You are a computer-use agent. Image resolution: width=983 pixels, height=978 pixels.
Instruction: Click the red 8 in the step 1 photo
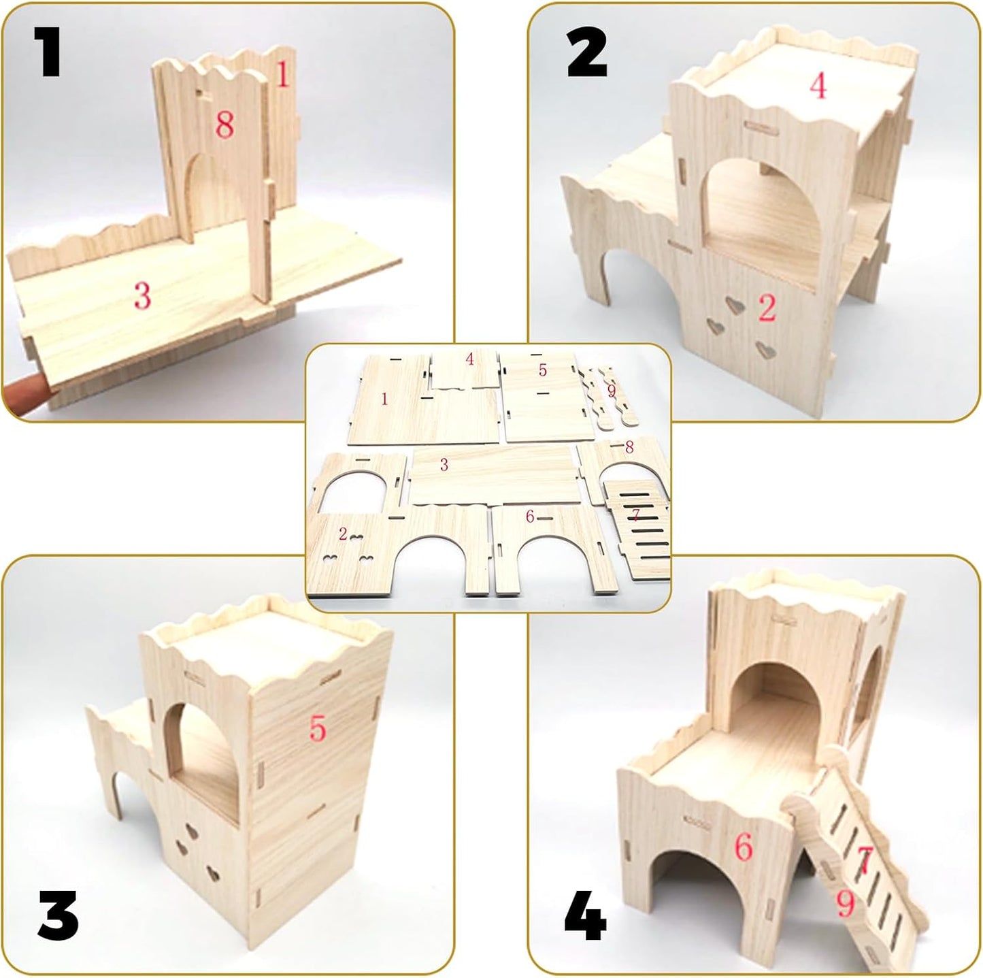tap(224, 125)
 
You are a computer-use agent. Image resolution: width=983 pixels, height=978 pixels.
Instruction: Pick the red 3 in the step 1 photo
tap(142, 295)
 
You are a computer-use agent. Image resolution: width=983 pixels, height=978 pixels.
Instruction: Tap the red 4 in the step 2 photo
tap(818, 86)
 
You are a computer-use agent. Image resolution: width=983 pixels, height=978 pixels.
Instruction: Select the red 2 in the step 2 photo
tap(767, 308)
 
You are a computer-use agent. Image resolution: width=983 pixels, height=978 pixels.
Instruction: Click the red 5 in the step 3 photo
tap(318, 728)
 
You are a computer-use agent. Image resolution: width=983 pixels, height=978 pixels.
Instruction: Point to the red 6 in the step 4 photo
tap(744, 847)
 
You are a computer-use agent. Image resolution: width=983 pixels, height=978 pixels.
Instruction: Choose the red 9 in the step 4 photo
tap(845, 904)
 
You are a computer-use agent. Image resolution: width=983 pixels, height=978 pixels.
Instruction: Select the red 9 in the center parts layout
tap(611, 391)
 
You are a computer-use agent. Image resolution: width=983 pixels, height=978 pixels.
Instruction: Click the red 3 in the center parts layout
tap(444, 465)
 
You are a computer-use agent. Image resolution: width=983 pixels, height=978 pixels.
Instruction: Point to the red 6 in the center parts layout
tap(529, 517)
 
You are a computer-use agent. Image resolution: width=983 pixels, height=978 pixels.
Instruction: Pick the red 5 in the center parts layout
tap(542, 370)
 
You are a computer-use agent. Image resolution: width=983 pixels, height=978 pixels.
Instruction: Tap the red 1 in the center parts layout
tap(384, 399)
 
